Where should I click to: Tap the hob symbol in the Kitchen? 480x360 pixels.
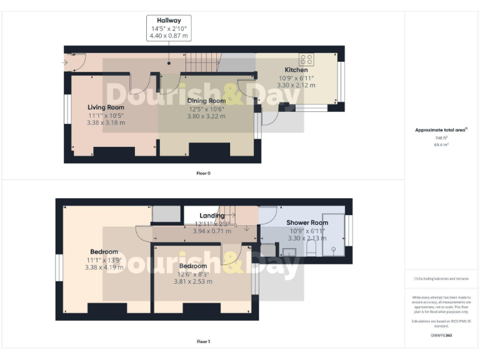pyautogui.click(x=307, y=60)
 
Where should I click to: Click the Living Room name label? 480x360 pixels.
pyautogui.click(x=106, y=107)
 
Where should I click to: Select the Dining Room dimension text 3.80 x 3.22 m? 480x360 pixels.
pyautogui.click(x=208, y=116)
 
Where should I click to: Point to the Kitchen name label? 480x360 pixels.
pyautogui.click(x=296, y=70)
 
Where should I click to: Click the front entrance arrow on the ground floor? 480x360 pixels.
pyautogui.click(x=67, y=62)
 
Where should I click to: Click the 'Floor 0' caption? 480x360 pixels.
pyautogui.click(x=203, y=172)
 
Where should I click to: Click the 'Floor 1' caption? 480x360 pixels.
pyautogui.click(x=203, y=341)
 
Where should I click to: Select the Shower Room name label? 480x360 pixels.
pyautogui.click(x=307, y=222)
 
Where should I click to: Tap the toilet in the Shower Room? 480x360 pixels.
pyautogui.click(x=311, y=251)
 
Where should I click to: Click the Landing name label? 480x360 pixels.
pyautogui.click(x=212, y=216)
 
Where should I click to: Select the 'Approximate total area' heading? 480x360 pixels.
pyautogui.click(x=441, y=130)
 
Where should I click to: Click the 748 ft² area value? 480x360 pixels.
pyautogui.click(x=441, y=138)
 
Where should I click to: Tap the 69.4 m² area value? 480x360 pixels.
pyautogui.click(x=441, y=144)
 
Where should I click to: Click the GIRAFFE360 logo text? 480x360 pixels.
pyautogui.click(x=441, y=336)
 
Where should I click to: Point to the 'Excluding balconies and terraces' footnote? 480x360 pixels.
pyautogui.click(x=441, y=278)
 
